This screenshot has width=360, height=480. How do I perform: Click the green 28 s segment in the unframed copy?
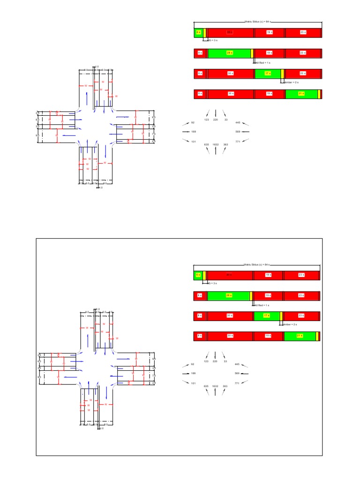click(x=229, y=53)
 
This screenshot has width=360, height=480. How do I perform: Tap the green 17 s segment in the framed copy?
click(x=267, y=315)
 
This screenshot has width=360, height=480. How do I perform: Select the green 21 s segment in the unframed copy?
click(x=301, y=94)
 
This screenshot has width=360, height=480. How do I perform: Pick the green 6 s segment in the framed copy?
click(x=198, y=275)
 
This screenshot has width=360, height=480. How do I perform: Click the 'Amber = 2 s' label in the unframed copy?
click(x=291, y=82)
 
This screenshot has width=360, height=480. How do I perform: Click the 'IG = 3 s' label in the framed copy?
click(x=212, y=284)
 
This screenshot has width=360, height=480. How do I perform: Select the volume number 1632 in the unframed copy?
click(x=216, y=144)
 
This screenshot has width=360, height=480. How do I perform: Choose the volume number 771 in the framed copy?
click(x=238, y=383)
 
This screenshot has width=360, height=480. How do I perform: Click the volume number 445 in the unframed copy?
click(x=238, y=122)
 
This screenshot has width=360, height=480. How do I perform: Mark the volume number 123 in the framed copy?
click(x=206, y=361)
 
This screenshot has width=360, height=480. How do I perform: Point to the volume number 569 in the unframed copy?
click(x=238, y=132)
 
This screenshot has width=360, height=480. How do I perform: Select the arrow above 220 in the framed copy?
click(x=216, y=354)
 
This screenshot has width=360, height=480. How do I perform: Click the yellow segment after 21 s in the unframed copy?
click(x=319, y=94)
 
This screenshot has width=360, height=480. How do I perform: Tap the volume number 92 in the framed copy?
click(x=193, y=364)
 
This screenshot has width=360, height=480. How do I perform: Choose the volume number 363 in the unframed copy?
click(x=225, y=144)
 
